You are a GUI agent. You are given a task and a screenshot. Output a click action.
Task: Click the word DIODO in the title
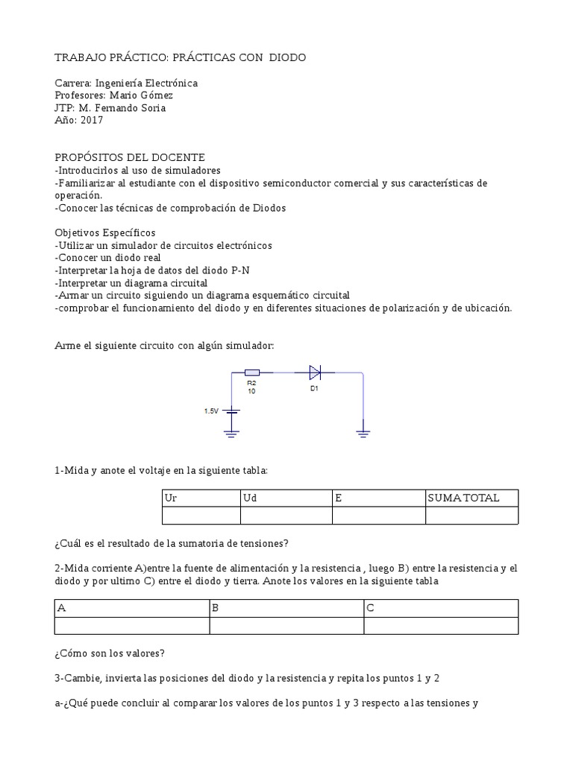(x=287, y=58)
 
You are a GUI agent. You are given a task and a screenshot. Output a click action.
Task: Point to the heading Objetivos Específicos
(x=105, y=232)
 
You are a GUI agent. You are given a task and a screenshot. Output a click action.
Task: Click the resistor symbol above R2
(x=252, y=372)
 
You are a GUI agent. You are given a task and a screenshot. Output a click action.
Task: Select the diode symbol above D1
(x=315, y=372)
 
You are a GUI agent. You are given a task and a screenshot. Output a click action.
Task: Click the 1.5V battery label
(x=212, y=411)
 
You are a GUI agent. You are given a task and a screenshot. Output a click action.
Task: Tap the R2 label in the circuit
(x=251, y=383)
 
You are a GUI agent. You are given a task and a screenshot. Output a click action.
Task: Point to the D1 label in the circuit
(x=314, y=387)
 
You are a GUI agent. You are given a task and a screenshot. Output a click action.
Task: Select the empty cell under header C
(x=440, y=626)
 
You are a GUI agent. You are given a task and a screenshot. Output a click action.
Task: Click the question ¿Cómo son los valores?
(x=110, y=653)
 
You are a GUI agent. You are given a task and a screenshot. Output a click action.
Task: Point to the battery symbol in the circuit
(x=232, y=411)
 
